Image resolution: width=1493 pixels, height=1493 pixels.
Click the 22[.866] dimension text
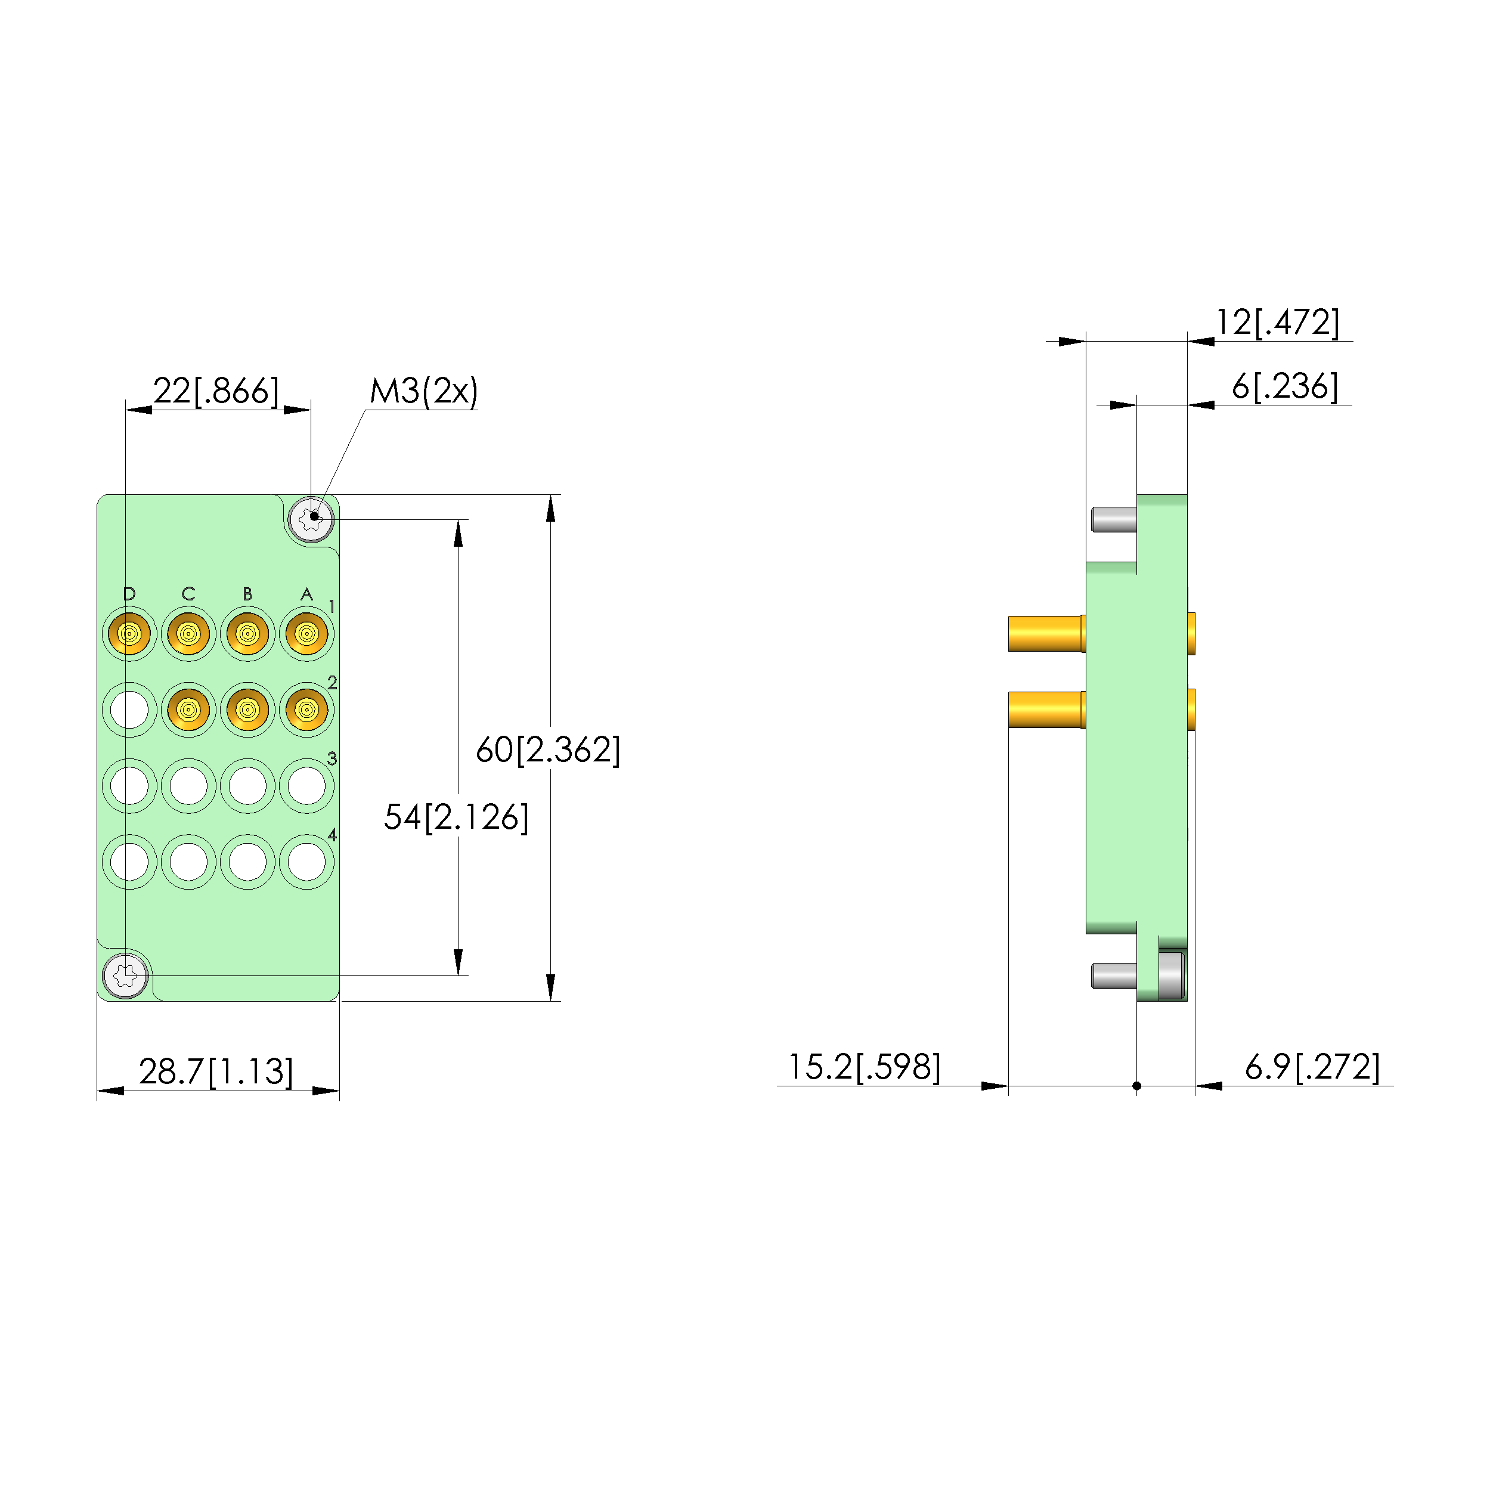pos(216,391)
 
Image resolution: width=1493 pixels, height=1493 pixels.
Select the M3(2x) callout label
pos(423,391)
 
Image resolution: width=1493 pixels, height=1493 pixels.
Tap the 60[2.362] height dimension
pos(548,749)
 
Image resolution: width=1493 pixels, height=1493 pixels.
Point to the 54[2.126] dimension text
pos(456,817)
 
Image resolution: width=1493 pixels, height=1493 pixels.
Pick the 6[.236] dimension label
pos(1284,386)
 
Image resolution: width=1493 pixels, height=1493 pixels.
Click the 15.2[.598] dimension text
pos(864,1067)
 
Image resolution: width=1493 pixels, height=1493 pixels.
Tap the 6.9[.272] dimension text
pos(1312,1067)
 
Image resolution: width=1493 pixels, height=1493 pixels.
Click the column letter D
pos(129,593)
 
